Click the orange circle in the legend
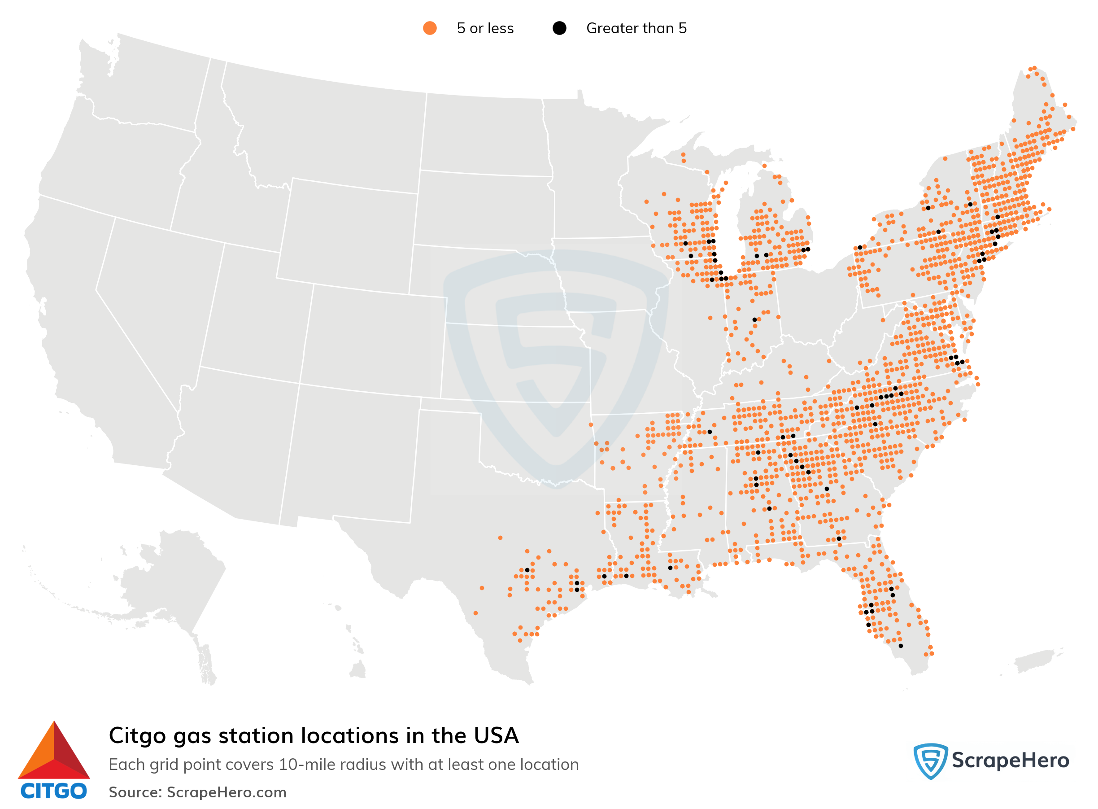point(429,28)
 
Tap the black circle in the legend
point(559,28)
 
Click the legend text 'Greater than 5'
point(636,28)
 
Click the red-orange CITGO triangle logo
point(54,751)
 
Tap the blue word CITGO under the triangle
point(54,792)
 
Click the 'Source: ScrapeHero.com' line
point(197,792)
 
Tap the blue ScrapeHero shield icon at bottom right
point(930,761)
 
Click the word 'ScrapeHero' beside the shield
point(1010,761)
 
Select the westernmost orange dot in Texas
point(475,613)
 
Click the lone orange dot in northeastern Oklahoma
point(591,424)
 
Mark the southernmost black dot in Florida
point(900,646)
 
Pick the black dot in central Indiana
point(754,320)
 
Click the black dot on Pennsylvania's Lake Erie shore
point(860,247)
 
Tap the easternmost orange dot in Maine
point(1072,129)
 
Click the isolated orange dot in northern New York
point(945,159)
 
